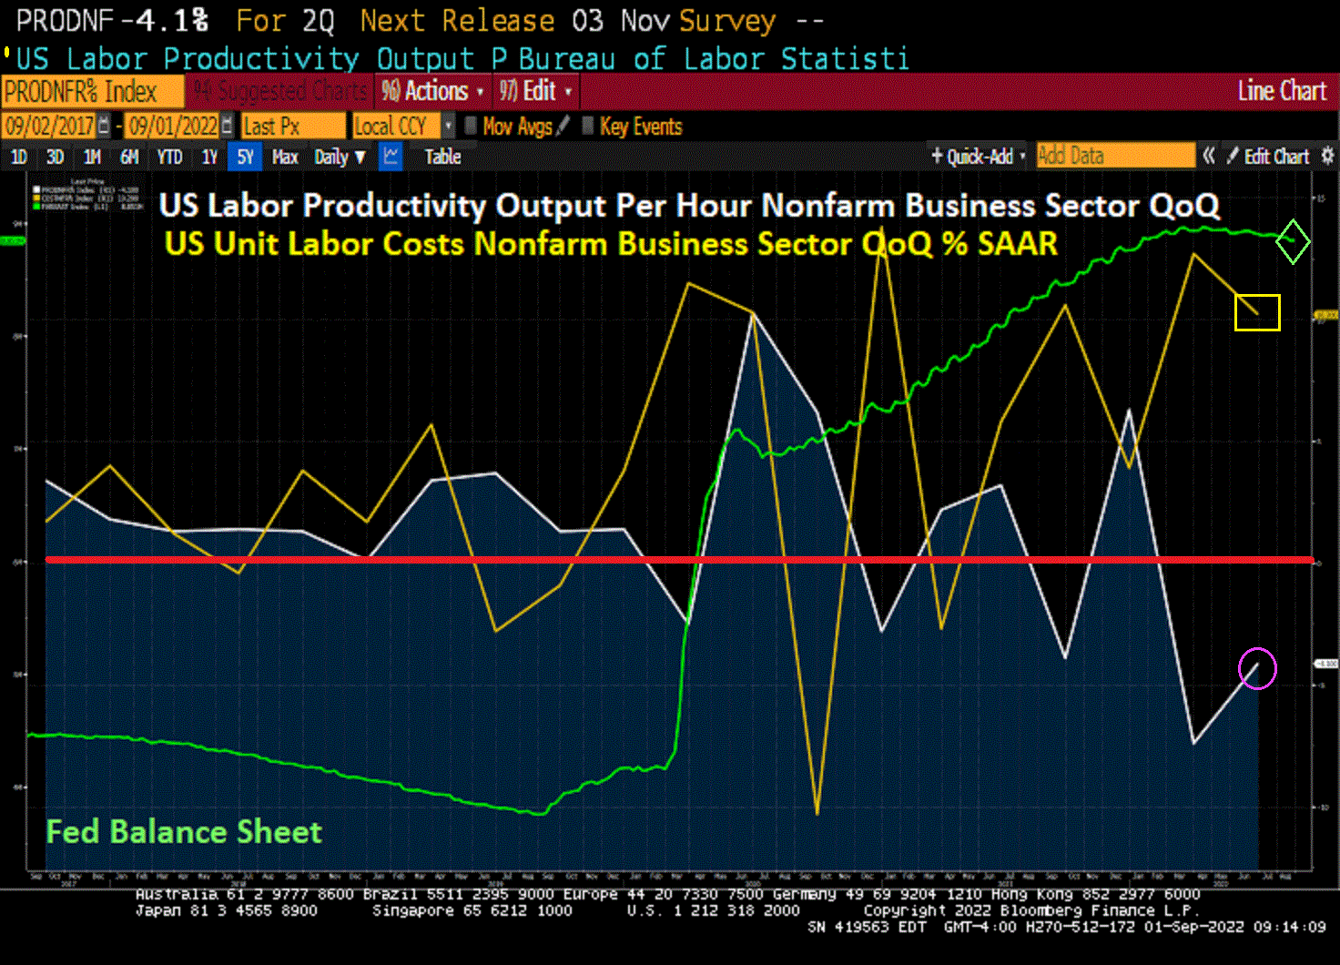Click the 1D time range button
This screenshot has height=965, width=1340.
click(x=18, y=157)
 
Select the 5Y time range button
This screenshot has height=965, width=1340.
click(x=245, y=157)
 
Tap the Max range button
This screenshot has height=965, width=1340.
click(x=285, y=157)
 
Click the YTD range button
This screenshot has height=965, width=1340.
click(x=169, y=157)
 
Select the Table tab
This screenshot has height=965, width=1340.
click(x=442, y=157)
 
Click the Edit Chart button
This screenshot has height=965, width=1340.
click(x=1275, y=157)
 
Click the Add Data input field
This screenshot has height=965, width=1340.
click(x=1115, y=156)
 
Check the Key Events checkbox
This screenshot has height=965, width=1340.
click(x=588, y=126)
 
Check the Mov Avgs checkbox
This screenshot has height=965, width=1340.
click(x=471, y=126)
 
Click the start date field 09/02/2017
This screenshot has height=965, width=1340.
click(x=49, y=126)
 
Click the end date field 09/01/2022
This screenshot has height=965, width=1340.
click(x=172, y=126)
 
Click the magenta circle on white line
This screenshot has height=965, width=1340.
click(x=1257, y=669)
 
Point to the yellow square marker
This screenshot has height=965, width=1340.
click(x=1257, y=312)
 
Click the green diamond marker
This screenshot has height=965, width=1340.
click(x=1293, y=241)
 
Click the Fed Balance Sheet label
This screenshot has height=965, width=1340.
click(x=184, y=831)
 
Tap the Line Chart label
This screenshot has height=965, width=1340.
click(x=1282, y=91)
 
